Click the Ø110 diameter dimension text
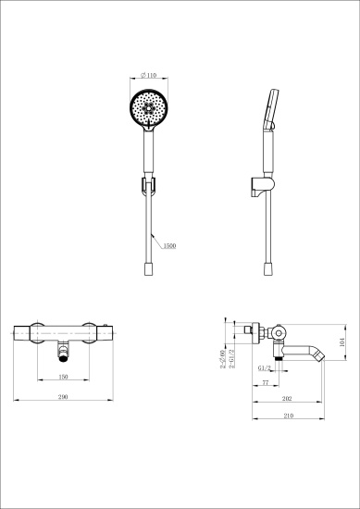click(148, 76)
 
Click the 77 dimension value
click(266, 381)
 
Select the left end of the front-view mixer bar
click(19, 331)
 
